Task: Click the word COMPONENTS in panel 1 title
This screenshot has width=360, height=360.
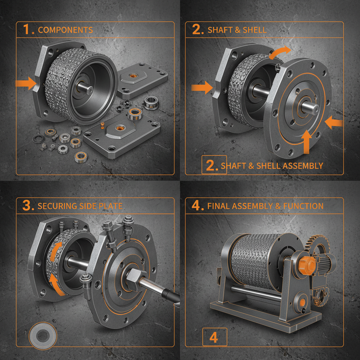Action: pyautogui.click(x=65, y=30)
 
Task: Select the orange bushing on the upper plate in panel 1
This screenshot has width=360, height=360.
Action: pyautogui.click(x=134, y=76)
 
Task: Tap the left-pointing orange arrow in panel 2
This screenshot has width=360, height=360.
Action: pyautogui.click(x=334, y=123)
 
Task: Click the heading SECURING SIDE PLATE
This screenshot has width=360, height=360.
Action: pyautogui.click(x=80, y=206)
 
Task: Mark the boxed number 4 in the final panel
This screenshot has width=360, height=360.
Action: pyautogui.click(x=214, y=337)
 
